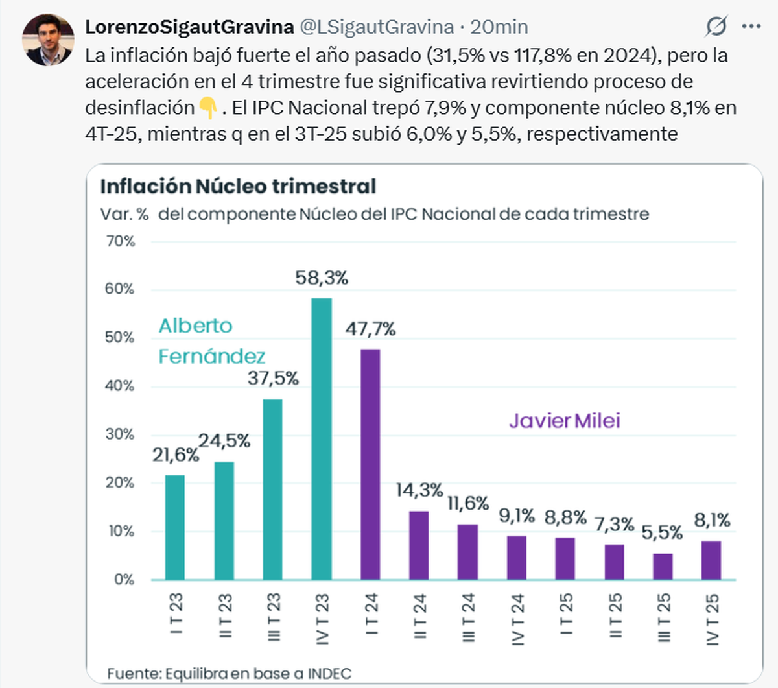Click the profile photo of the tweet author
click(x=48, y=39)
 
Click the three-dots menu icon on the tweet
click(x=751, y=27)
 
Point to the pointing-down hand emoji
click(x=207, y=108)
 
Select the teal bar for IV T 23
click(x=322, y=439)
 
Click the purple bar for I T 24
click(x=370, y=464)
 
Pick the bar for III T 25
click(x=663, y=566)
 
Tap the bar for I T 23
click(x=175, y=527)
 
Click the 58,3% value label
click(x=322, y=278)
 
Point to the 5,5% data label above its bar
click(x=662, y=533)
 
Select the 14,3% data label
click(x=419, y=490)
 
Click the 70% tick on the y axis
click(x=121, y=241)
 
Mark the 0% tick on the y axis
click(x=124, y=579)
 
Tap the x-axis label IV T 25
click(x=712, y=619)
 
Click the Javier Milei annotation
click(x=564, y=421)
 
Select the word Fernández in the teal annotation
click(x=212, y=356)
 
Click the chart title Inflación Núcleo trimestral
click(x=238, y=187)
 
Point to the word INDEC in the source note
click(x=329, y=674)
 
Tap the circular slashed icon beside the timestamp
click(x=716, y=27)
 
